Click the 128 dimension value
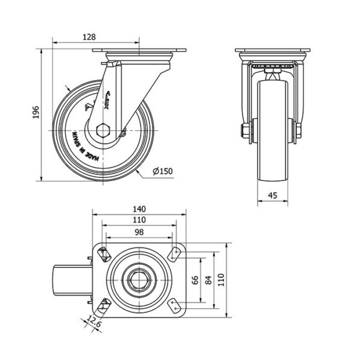89,36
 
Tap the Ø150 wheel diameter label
163,171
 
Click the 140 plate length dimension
140,208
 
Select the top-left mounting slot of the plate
103,253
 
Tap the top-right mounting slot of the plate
176,253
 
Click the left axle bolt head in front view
246,130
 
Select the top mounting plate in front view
271,51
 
